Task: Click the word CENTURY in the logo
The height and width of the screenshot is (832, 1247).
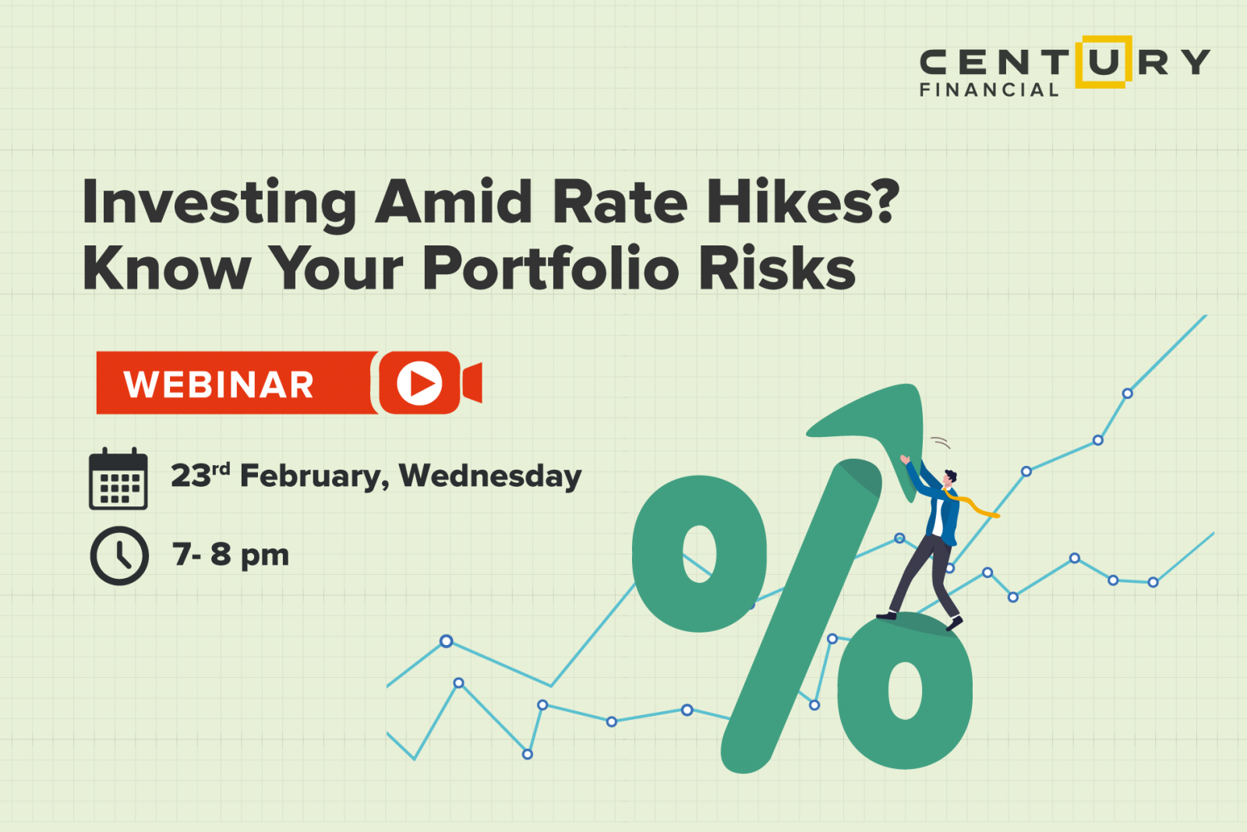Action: click(x=1065, y=62)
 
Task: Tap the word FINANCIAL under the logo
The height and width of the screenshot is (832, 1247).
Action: click(x=988, y=90)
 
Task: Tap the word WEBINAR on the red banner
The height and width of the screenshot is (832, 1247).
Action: click(x=219, y=384)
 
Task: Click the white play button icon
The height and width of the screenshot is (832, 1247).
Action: click(x=419, y=383)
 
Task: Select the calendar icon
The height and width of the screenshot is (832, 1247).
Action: click(x=118, y=479)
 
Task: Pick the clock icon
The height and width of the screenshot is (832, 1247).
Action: click(x=119, y=555)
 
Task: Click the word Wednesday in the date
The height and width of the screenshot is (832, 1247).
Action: click(x=490, y=475)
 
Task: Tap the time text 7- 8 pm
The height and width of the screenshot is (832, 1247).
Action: click(x=231, y=555)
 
